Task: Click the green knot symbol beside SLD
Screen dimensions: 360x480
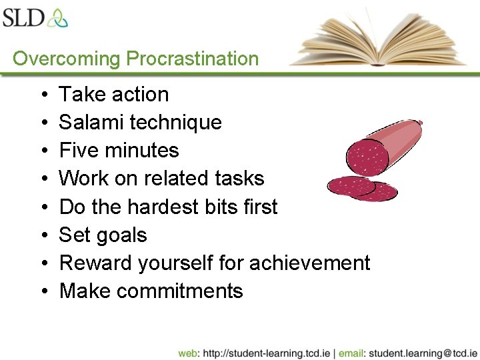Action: [x=57, y=17]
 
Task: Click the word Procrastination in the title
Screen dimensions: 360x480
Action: [x=192, y=59]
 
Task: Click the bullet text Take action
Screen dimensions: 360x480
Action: [x=113, y=95]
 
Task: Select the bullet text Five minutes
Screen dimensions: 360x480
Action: [x=119, y=151]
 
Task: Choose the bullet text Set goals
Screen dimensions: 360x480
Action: [x=103, y=235]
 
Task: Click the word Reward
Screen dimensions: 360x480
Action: [x=96, y=263]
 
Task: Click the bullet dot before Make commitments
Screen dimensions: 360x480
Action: [x=42, y=292]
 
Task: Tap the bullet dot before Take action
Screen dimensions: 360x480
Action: [x=42, y=95]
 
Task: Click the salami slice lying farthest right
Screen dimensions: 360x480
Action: [x=373, y=191]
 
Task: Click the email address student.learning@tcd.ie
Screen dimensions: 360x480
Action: [x=423, y=353]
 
